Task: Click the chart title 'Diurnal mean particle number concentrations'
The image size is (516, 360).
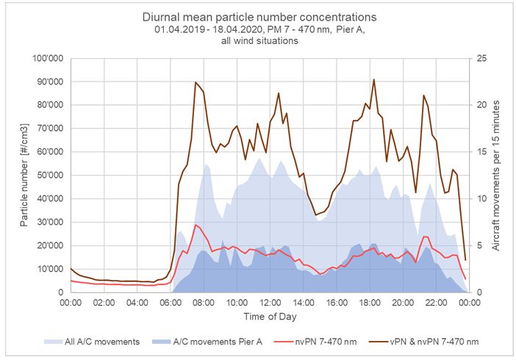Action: pyautogui.click(x=258, y=17)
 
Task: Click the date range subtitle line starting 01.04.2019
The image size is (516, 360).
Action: pyautogui.click(x=258, y=29)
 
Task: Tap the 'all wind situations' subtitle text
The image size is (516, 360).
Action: pyautogui.click(x=258, y=41)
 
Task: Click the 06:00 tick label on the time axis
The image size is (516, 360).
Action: pyautogui.click(x=170, y=302)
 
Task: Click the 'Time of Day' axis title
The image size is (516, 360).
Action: pyautogui.click(x=269, y=317)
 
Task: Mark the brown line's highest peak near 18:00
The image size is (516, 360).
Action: pyautogui.click(x=373, y=79)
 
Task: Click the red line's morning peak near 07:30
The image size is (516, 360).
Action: pyautogui.click(x=196, y=225)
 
